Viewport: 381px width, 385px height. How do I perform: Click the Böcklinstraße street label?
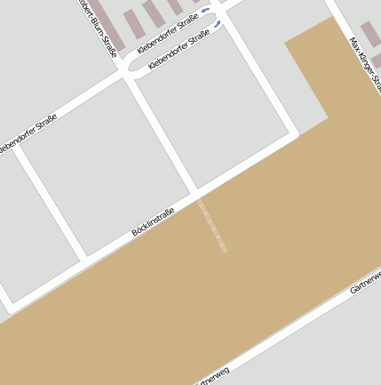pyautogui.click(x=153, y=221)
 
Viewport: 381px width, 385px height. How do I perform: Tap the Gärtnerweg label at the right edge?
pyautogui.click(x=366, y=282)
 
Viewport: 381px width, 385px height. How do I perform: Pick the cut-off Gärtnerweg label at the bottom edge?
pyautogui.click(x=212, y=376)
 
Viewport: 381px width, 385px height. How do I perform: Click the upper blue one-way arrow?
pyautogui.click(x=206, y=9)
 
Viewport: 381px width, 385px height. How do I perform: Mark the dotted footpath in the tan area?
pyautogui.click(x=213, y=226)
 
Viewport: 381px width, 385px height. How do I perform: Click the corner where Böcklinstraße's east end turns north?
pyautogui.click(x=295, y=135)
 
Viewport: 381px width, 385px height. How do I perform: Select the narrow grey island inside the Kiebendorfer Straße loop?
pyautogui.click(x=173, y=42)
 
